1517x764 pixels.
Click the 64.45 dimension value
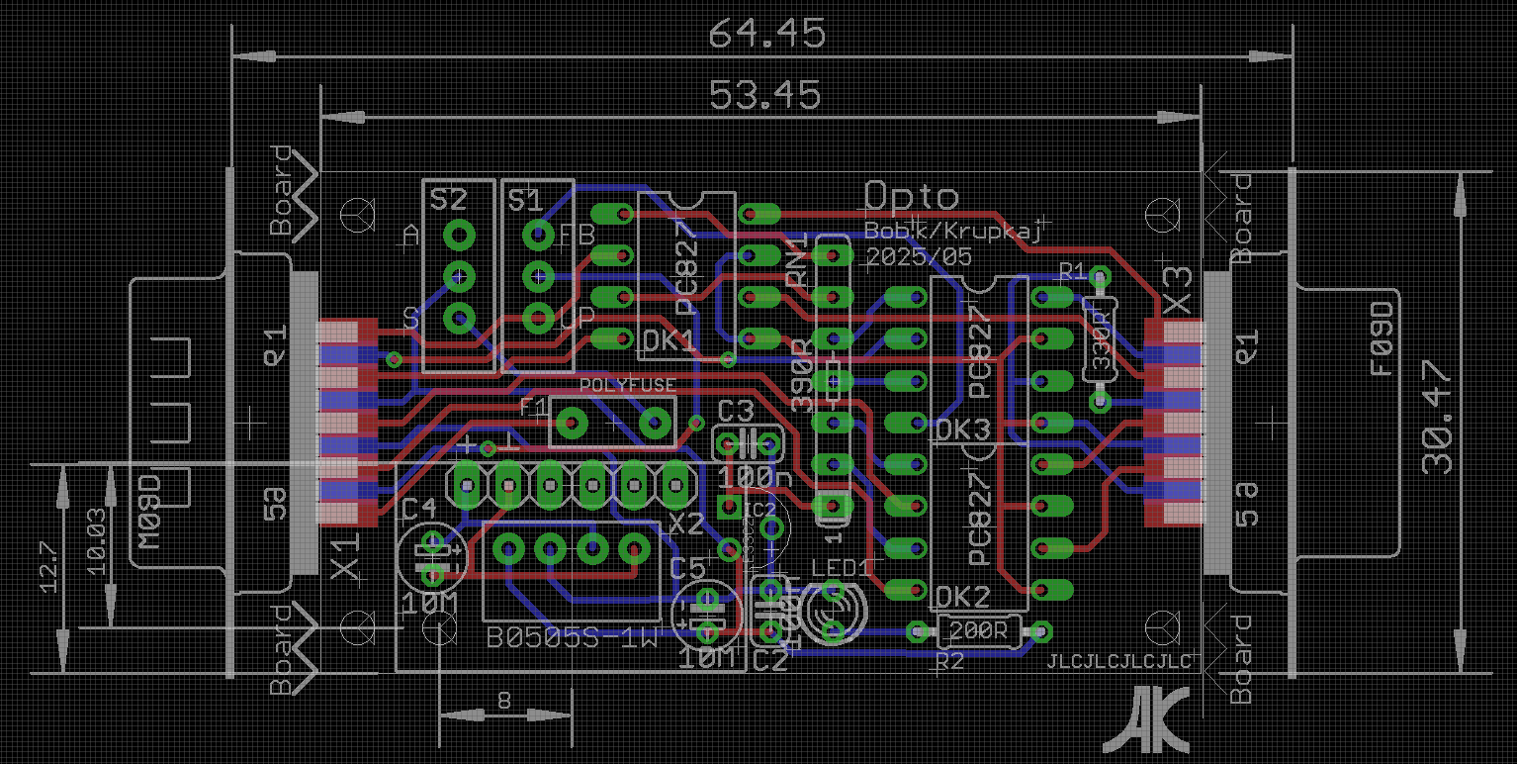(x=766, y=35)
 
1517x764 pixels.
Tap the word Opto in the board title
(x=912, y=196)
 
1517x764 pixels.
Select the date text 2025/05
(x=919, y=256)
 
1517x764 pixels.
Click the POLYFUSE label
(x=628, y=384)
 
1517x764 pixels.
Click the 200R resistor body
(x=978, y=629)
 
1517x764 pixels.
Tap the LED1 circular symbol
(x=833, y=612)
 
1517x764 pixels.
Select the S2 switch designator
(x=448, y=201)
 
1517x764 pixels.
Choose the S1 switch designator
(x=525, y=201)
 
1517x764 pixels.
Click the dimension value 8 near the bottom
(x=504, y=701)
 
